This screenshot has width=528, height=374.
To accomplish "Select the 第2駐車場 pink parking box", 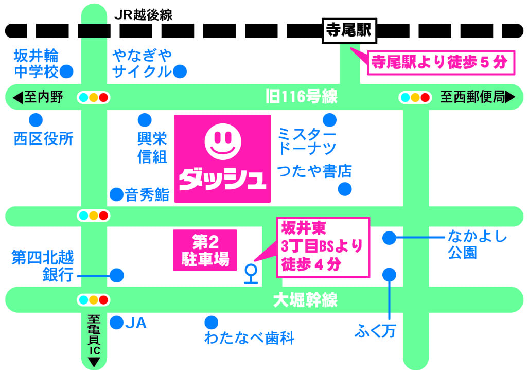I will click(x=204, y=251).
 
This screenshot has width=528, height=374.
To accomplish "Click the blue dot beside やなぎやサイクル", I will click(x=180, y=72).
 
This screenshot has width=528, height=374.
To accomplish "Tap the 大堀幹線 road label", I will click(x=306, y=299).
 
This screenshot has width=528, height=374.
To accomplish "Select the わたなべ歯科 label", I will click(x=249, y=339).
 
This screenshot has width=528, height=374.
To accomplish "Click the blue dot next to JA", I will click(x=117, y=323).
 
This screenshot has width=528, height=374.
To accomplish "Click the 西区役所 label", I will click(x=44, y=138).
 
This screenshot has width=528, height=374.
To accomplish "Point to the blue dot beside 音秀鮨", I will click(x=117, y=194).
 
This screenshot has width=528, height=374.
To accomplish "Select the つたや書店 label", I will click(x=314, y=171).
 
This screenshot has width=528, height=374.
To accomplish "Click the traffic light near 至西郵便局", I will click(x=414, y=97).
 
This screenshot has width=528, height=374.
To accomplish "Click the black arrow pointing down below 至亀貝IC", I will click(x=94, y=362).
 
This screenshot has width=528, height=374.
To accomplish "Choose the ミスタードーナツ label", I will click(x=307, y=141).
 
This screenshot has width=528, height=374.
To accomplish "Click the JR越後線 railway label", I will click(x=143, y=15).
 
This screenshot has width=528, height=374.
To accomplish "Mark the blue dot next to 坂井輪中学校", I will click(x=66, y=71).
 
